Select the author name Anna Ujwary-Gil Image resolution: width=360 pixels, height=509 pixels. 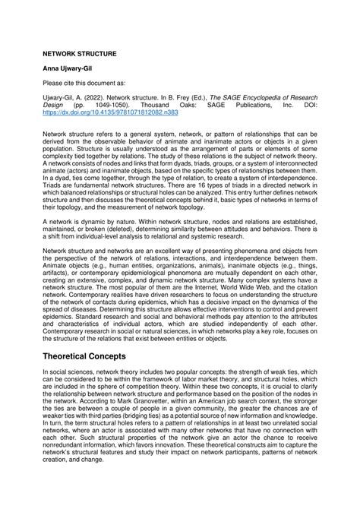point(69,69)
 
